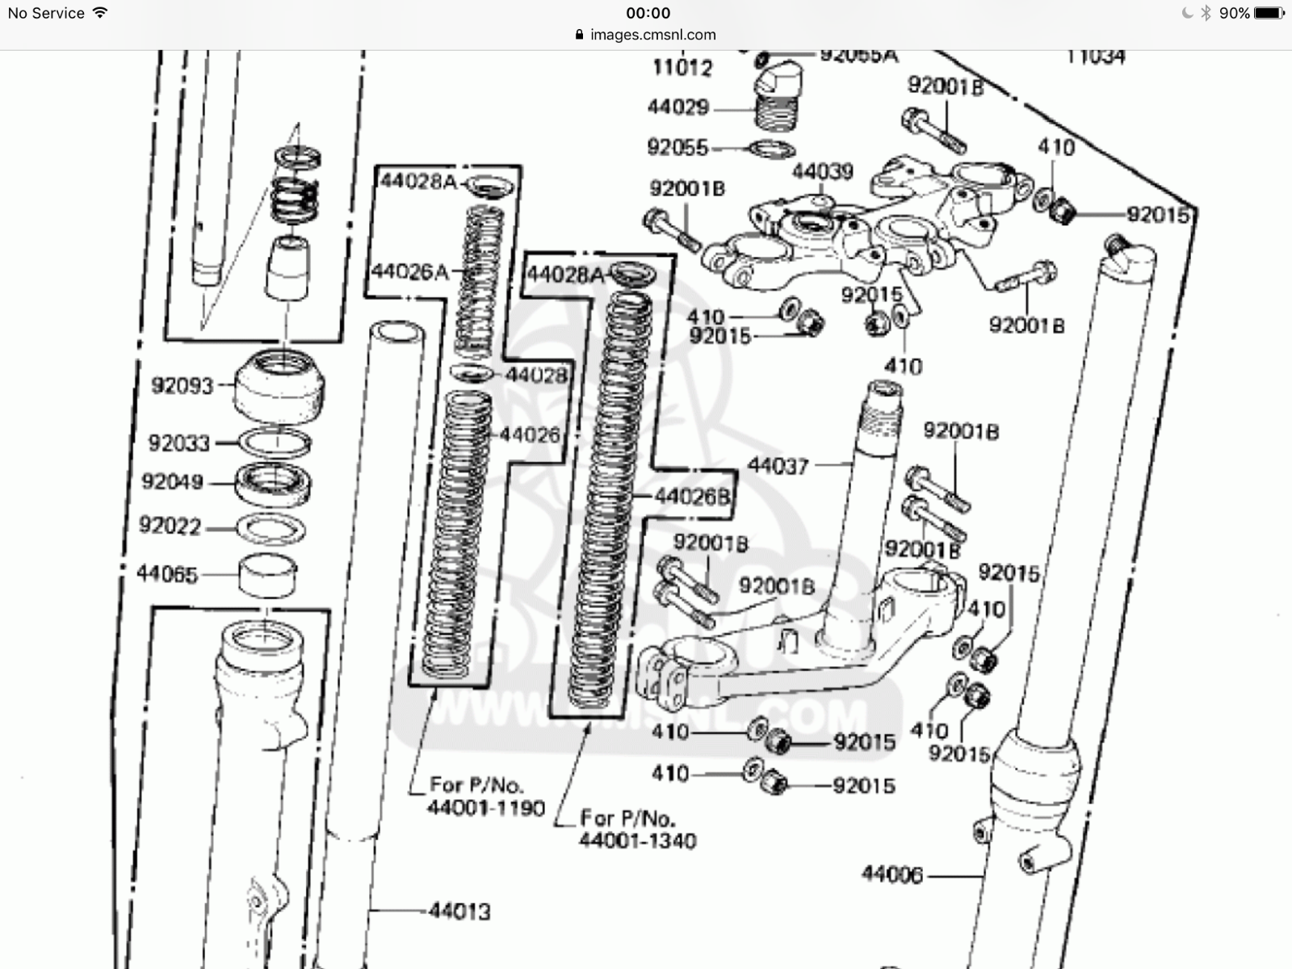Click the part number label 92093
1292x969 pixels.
182,385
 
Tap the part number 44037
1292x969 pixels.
778,466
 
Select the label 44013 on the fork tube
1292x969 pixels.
459,912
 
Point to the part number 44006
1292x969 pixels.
891,875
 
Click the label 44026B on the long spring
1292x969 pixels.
691,497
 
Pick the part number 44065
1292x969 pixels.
166,574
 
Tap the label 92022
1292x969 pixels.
170,526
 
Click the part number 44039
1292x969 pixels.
822,171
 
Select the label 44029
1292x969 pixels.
677,107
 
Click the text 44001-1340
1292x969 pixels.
637,841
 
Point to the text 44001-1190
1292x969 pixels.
487,807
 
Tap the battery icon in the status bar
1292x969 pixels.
1269,13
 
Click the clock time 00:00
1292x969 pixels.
648,13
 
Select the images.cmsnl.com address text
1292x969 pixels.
652,35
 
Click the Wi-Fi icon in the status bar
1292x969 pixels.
100,13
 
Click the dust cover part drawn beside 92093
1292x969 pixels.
279,385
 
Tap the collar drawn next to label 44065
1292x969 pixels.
268,575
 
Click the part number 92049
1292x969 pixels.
172,482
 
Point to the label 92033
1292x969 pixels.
178,443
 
